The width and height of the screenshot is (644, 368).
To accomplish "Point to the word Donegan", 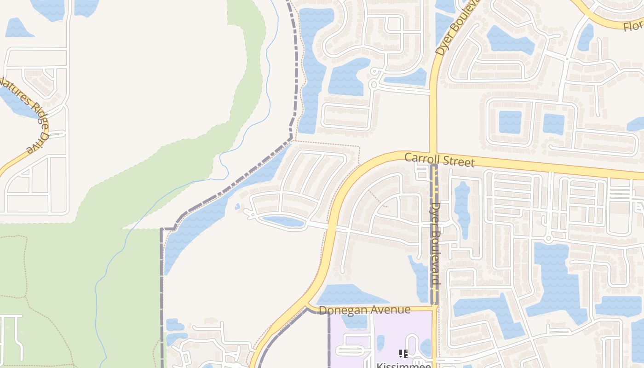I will pyautogui.click(x=341, y=310).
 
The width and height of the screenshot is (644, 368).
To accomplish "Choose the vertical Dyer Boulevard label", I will pyautogui.click(x=436, y=244).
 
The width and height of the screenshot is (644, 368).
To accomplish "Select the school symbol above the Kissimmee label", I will pyautogui.click(x=403, y=354).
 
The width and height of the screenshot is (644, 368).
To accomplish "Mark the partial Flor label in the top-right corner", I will pyautogui.click(x=633, y=25).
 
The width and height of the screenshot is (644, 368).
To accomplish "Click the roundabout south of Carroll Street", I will pyautogui.click(x=548, y=239).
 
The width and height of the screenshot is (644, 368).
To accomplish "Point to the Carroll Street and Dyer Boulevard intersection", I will pyautogui.click(x=433, y=156).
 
